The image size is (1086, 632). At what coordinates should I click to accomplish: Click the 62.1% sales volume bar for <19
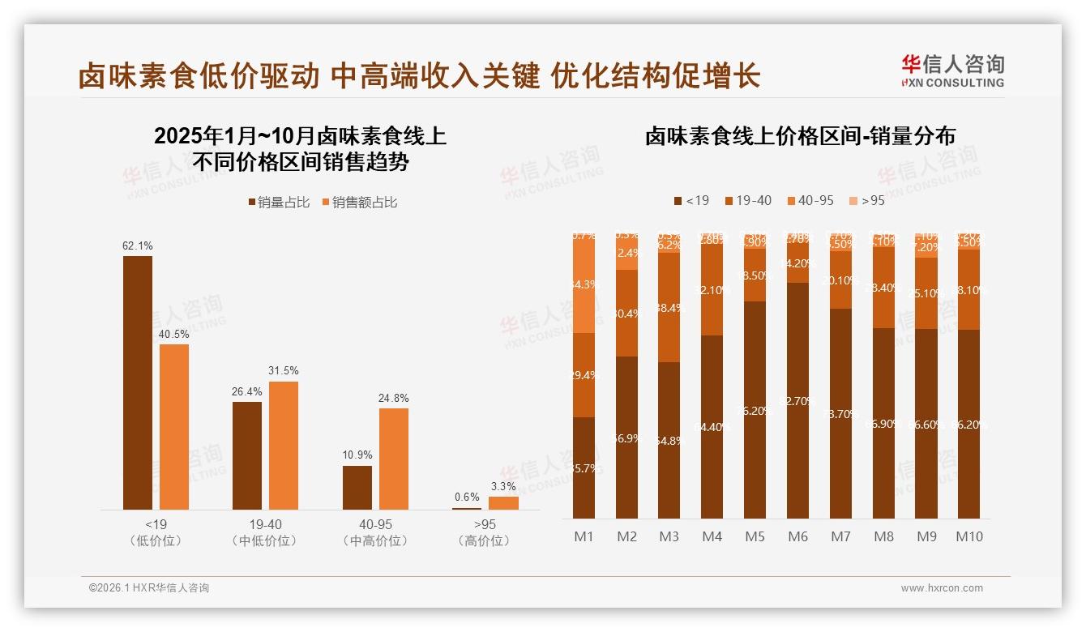[x=137, y=382]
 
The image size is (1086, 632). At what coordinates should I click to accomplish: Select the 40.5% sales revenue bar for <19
[x=174, y=427]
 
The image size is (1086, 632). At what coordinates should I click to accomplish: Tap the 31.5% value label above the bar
[x=283, y=371]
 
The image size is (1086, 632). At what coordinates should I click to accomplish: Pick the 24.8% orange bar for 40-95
[x=394, y=459]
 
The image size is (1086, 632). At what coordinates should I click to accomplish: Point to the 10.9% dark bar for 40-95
[x=357, y=487]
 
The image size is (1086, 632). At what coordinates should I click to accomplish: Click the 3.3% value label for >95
[x=503, y=486]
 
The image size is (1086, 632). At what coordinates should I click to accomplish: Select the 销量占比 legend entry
[x=279, y=203]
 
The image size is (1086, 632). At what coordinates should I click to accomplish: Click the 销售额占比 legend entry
[x=360, y=203]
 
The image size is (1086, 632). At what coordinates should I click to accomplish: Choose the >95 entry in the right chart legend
[x=866, y=200]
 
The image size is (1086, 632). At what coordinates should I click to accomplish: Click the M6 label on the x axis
[x=797, y=536]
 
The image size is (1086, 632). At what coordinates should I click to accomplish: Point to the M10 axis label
[x=968, y=536]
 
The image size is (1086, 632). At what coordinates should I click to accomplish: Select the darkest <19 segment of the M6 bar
[x=797, y=400]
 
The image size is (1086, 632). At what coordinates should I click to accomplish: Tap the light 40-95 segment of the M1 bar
[x=584, y=284]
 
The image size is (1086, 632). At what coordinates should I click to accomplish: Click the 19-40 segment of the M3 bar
[x=669, y=308]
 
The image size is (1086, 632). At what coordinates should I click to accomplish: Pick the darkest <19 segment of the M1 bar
[x=584, y=468]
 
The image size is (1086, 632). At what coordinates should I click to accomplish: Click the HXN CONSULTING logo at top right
[x=952, y=71]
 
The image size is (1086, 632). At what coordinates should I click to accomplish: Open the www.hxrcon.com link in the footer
[x=942, y=588]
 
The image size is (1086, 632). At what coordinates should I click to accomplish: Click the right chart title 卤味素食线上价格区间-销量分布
[x=799, y=136]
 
